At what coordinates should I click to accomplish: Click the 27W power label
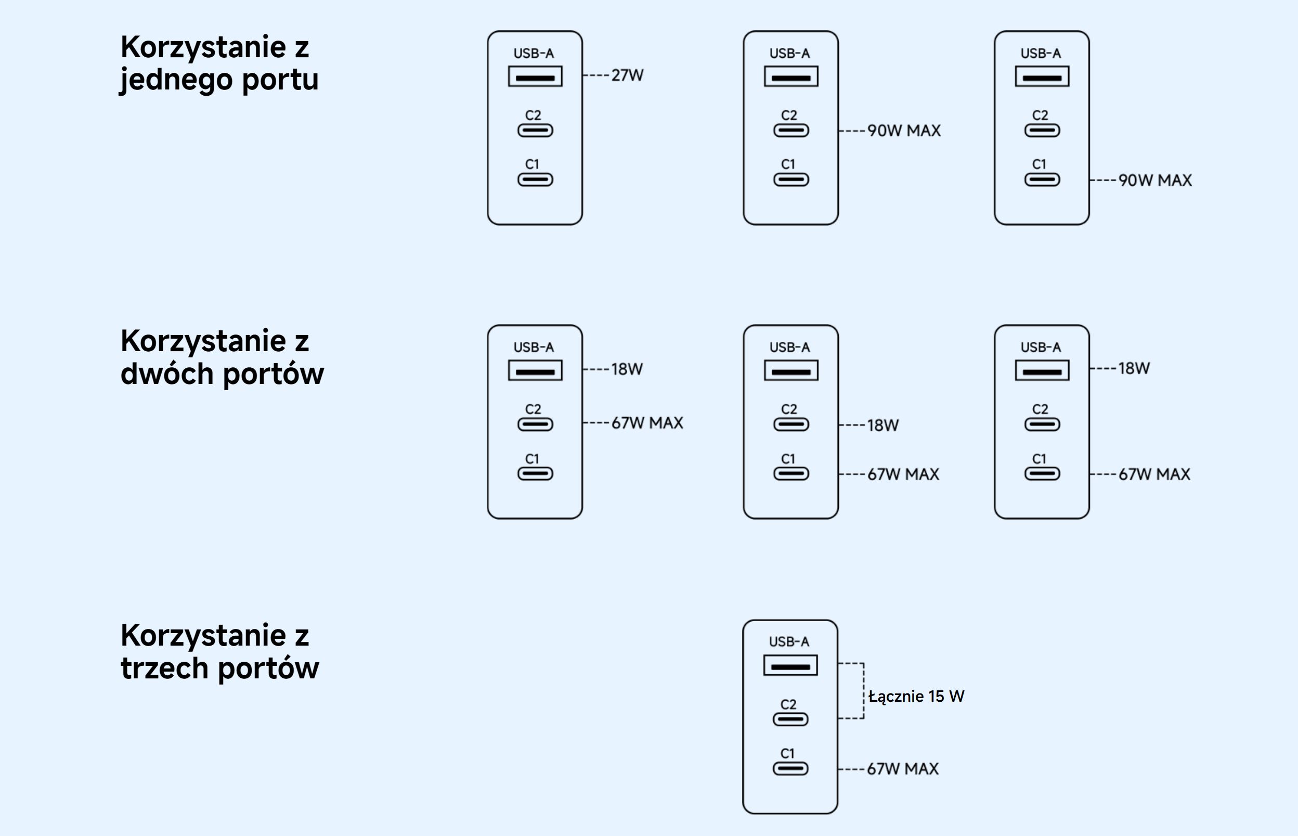[627, 75]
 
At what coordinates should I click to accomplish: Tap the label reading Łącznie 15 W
[916, 697]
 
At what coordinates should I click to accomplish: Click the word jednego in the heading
[176, 80]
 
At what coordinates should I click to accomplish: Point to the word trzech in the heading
[164, 668]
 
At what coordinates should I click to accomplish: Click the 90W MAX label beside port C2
[904, 131]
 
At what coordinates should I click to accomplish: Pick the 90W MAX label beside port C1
[1155, 180]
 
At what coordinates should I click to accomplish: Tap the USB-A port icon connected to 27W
[535, 76]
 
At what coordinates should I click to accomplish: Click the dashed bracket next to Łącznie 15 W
[863, 690]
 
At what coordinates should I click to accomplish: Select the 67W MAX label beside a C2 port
[647, 423]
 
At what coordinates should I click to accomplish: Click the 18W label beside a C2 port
[883, 425]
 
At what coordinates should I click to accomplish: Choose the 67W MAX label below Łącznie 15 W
[902, 769]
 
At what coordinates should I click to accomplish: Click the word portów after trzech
[269, 668]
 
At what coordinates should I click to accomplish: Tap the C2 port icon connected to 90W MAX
[790, 131]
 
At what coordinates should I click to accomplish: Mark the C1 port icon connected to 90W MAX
[1042, 179]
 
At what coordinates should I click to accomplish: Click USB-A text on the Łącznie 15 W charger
[789, 641]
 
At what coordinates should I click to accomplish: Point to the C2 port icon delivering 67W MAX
[535, 425]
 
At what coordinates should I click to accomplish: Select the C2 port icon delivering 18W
[790, 425]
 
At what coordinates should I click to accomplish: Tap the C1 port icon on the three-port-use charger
[790, 769]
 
